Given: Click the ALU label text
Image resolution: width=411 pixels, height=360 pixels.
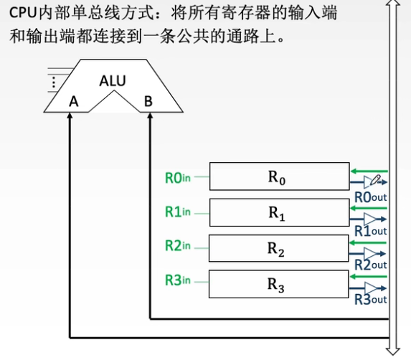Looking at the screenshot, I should click(x=113, y=80).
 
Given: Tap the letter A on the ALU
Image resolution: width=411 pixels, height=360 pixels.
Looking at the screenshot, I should click(x=73, y=102).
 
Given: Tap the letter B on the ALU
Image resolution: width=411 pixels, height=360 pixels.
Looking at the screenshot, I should click(x=148, y=102).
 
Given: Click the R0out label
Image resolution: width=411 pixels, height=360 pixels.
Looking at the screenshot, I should click(x=371, y=197).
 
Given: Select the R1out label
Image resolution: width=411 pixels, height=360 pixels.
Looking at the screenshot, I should click(x=371, y=231).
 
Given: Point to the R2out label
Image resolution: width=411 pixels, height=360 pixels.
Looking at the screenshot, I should click(x=371, y=265).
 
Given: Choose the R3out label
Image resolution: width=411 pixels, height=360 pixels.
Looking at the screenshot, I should click(x=371, y=299).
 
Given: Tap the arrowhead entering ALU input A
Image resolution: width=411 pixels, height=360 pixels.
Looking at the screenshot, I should click(x=70, y=118).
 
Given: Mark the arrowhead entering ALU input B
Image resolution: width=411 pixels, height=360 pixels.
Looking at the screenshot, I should click(x=149, y=118).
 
